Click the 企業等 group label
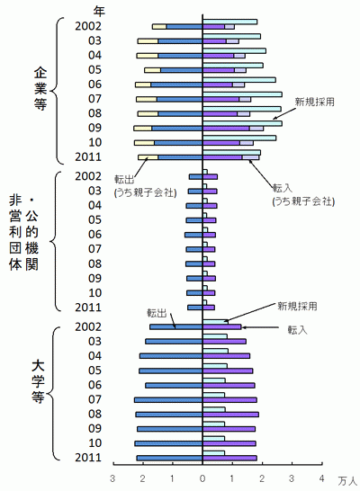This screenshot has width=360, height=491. tap(40, 89)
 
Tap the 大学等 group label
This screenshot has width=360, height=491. tap(38, 381)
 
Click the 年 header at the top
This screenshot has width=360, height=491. tap(99, 12)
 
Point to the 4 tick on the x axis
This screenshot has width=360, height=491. tap(321, 478)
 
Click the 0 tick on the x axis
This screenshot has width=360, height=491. tap(202, 478)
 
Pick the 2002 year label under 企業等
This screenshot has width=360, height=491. tap(88, 26)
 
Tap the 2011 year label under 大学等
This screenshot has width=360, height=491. tap(88, 458)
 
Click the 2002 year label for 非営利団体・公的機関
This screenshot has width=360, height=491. tap(88, 176)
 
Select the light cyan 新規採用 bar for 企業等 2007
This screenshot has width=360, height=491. tap(242, 94)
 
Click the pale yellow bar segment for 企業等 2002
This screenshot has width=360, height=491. tap(159, 27)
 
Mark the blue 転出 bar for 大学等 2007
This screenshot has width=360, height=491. tap(168, 400)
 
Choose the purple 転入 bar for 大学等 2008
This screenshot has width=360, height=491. tap(230, 415)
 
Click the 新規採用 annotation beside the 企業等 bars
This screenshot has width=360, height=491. tap(315, 103)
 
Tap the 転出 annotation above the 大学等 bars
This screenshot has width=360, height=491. tap(157, 313)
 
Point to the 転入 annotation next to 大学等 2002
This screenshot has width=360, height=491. tap(298, 330)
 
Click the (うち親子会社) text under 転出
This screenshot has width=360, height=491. tap(146, 192)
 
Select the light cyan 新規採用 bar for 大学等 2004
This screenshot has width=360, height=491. tap(216, 351)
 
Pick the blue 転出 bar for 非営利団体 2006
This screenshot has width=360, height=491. tap(193, 235)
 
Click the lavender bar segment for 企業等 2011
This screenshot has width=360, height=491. tap(250, 157)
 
